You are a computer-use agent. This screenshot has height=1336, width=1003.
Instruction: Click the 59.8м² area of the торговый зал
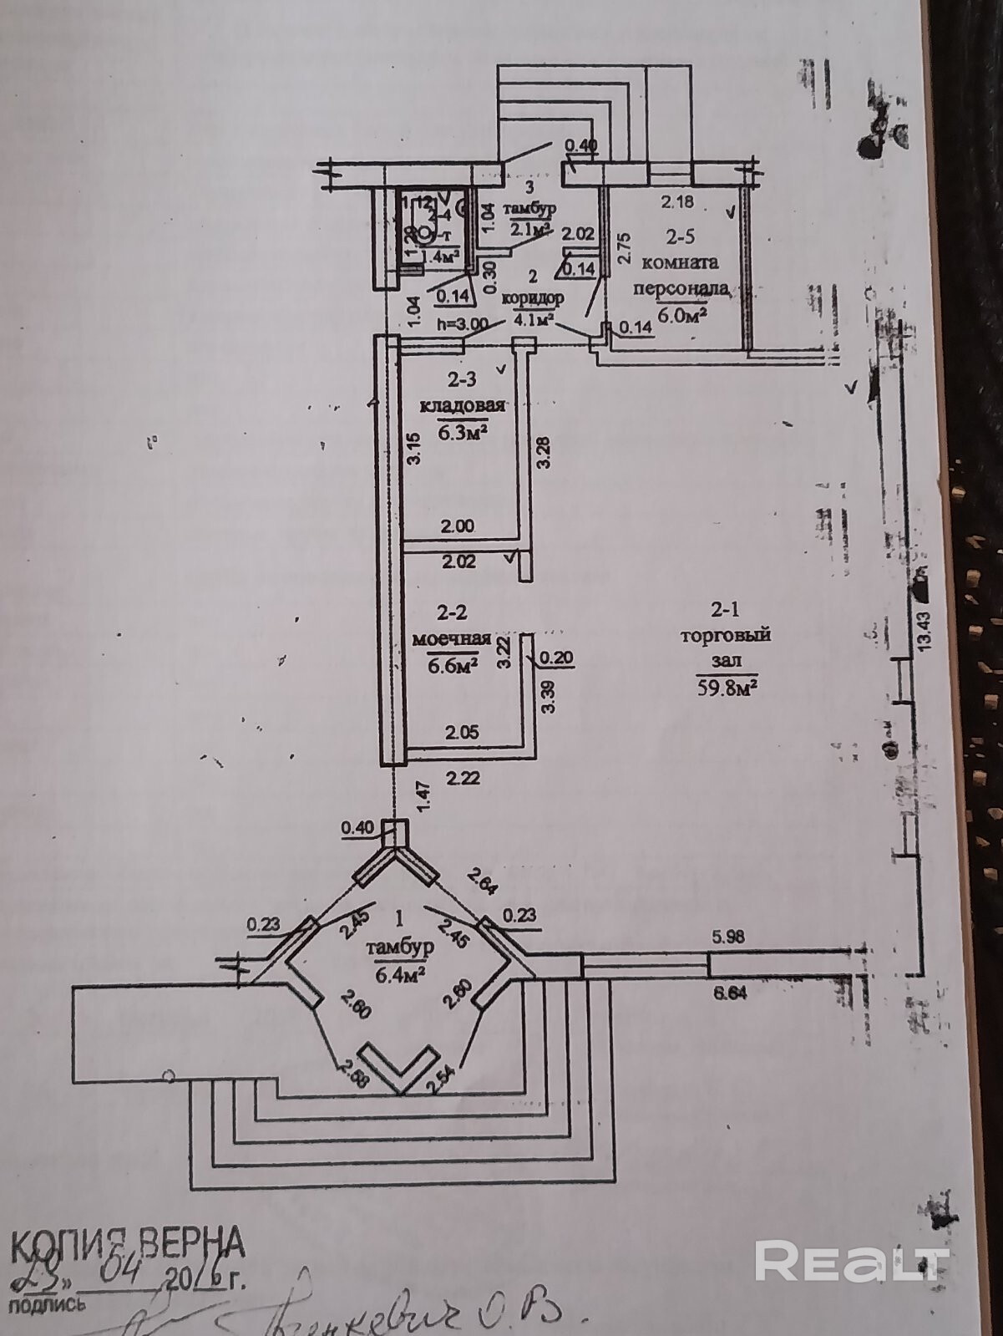[726, 688]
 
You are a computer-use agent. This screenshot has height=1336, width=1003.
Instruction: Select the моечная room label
[452, 639]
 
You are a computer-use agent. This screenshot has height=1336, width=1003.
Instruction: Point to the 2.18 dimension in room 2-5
[677, 201]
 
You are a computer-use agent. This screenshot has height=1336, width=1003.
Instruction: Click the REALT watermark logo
[851, 1260]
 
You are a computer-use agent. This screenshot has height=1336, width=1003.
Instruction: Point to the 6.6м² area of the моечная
[452, 665]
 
